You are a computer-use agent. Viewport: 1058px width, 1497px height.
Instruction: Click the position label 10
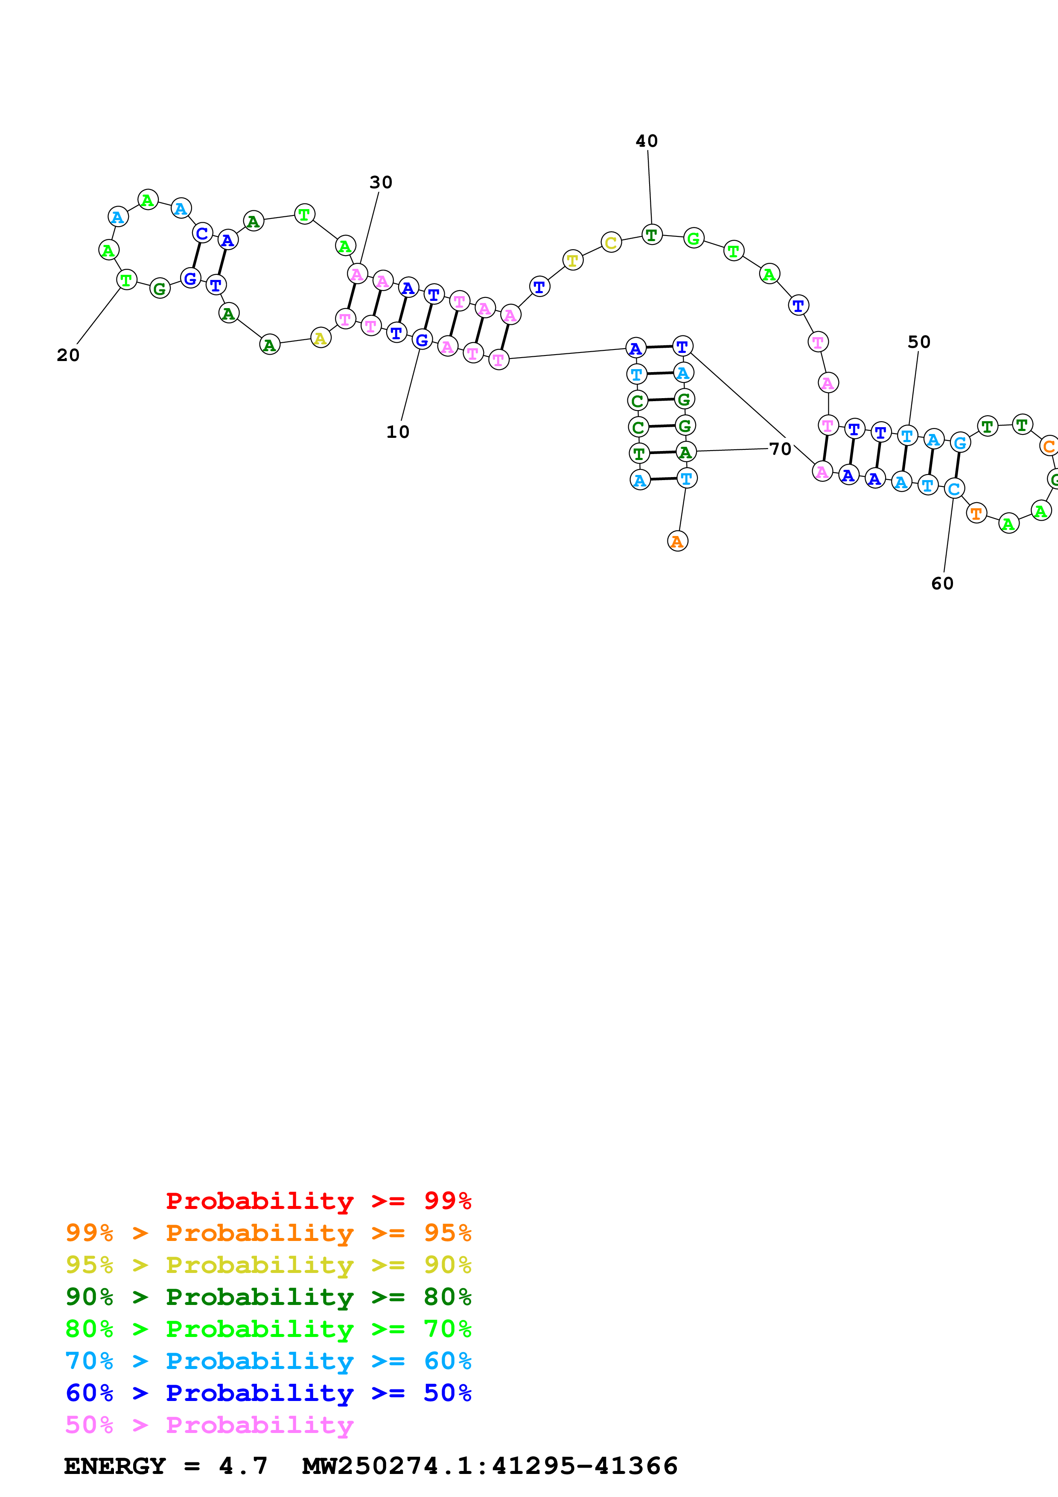398,431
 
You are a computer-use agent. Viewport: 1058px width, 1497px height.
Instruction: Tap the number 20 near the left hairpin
68,355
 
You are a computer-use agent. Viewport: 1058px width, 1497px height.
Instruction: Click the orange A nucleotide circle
677,541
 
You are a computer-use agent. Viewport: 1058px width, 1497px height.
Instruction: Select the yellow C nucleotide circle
611,243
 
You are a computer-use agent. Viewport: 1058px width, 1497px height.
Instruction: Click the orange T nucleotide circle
976,514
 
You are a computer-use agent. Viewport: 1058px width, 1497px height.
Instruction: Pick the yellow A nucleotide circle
320,338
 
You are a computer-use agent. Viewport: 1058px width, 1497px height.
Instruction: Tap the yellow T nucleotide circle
572,260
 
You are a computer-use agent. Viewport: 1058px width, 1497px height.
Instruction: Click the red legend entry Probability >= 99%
318,1201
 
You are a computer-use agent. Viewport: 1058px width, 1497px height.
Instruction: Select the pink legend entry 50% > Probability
209,1425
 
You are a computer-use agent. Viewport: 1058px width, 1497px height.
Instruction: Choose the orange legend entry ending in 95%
268,1233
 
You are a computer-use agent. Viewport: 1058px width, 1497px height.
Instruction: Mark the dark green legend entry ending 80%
268,1297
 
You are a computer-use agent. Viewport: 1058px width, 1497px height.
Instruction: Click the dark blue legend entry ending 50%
268,1393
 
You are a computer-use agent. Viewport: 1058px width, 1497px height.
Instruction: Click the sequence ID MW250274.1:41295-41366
490,1466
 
